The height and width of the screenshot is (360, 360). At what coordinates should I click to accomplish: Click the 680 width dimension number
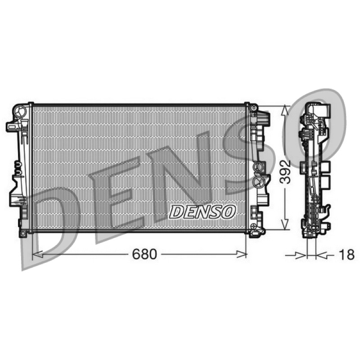[144, 254]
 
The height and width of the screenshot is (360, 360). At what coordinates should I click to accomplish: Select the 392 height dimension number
[285, 172]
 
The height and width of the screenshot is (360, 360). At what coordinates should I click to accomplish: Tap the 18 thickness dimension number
[346, 255]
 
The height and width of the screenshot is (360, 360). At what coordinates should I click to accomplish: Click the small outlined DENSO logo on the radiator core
[202, 211]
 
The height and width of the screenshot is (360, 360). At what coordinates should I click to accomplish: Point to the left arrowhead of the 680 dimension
[37, 254]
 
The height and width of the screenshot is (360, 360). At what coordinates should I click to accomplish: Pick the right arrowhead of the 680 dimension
[242, 254]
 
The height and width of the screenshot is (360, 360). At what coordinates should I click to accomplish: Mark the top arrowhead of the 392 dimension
[285, 111]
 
